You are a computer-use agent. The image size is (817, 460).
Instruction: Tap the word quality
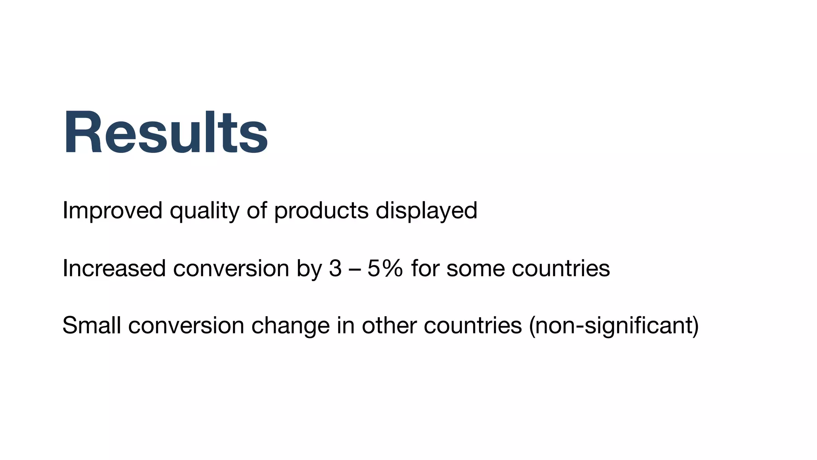[205, 211]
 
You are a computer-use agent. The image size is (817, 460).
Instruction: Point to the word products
[321, 211]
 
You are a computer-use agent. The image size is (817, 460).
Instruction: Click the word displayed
[426, 211]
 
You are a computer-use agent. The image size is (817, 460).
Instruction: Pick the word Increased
[114, 268]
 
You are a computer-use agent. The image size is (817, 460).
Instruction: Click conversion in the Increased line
[231, 268]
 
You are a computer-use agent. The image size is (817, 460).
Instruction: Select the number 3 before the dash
[335, 268]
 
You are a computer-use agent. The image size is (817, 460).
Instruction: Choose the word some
[475, 268]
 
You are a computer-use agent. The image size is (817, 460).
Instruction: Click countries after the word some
[561, 268]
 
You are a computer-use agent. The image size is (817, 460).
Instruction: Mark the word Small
[92, 325]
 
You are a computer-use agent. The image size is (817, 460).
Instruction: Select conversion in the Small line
[186, 325]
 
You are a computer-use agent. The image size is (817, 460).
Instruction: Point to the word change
[290, 326]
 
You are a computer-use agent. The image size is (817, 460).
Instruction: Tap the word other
[389, 325]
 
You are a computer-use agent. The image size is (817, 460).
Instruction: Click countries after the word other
[473, 325]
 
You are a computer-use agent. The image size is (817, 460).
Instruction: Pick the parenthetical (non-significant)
[614, 326]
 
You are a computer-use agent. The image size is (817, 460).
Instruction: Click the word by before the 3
[309, 269]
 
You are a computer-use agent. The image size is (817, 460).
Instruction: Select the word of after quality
[257, 210]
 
